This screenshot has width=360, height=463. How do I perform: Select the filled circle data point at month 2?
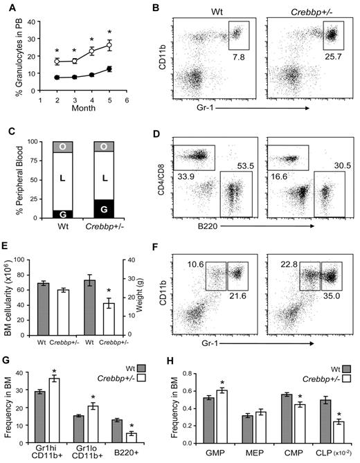tap(57, 78)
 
